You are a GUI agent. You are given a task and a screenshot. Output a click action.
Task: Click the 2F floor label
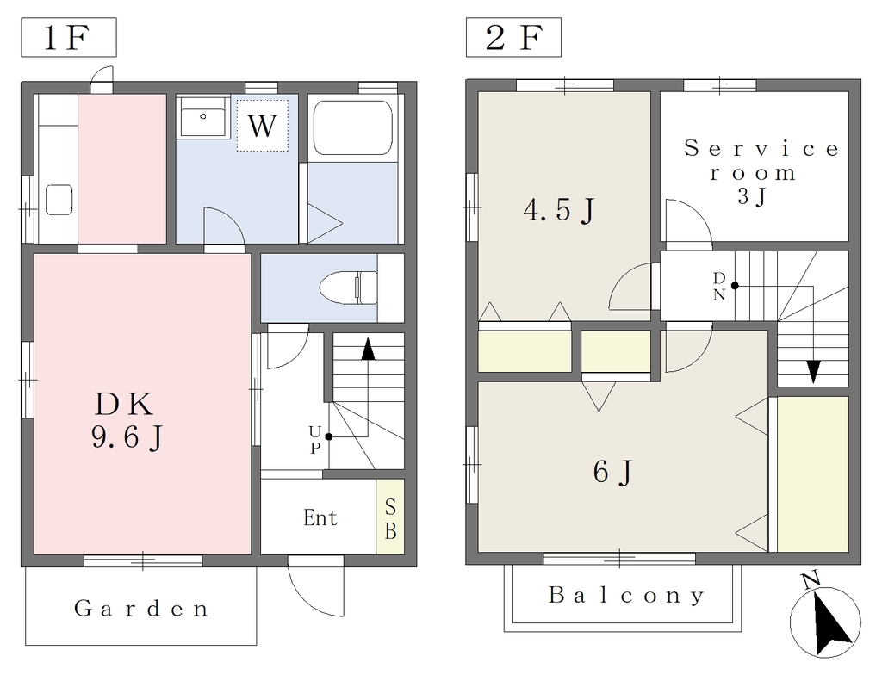[513, 38]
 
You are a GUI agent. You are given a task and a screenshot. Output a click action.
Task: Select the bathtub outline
[352, 127]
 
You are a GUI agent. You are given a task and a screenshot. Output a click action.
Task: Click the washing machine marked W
[262, 126]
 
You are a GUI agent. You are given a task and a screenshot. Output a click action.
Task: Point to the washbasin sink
[203, 116]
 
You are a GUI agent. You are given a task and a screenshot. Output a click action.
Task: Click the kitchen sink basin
[59, 199]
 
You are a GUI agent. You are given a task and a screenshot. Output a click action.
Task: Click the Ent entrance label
[320, 517]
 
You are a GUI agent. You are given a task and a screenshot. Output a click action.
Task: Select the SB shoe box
[390, 517]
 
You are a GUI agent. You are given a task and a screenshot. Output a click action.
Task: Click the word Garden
[141, 609]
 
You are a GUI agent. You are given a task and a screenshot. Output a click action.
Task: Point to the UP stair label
[315, 440]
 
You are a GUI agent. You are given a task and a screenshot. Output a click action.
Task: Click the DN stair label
[719, 286]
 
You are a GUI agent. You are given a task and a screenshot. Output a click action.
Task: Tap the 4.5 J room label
[559, 211]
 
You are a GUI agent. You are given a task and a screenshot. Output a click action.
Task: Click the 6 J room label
[612, 471]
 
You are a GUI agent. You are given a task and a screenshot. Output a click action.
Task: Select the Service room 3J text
[761, 172]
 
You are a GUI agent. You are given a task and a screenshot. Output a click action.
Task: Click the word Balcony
[626, 595]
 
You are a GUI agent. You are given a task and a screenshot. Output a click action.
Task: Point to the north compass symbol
[825, 621]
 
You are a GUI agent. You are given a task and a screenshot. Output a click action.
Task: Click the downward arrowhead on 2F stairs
[813, 372]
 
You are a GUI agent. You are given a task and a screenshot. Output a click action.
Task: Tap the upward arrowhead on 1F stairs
[368, 349]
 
